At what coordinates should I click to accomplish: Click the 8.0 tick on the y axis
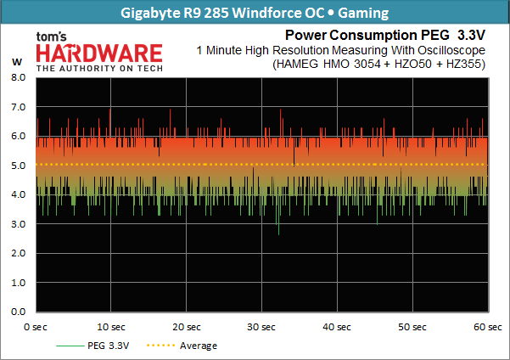tap(18, 77)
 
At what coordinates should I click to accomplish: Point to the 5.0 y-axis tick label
tap(18, 166)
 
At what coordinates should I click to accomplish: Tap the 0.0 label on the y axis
tap(18, 312)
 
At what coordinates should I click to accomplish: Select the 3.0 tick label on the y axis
tap(18, 224)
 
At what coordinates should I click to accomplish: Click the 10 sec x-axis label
tap(111, 327)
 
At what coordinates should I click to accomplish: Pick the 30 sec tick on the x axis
tap(261, 327)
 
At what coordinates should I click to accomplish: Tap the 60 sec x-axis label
tap(488, 327)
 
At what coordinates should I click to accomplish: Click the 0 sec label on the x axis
tap(36, 327)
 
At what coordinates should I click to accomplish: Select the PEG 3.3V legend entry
tap(92, 346)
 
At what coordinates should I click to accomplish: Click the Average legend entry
tap(182, 346)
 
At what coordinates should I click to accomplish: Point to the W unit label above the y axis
tap(17, 62)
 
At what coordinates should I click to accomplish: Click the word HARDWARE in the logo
tap(99, 53)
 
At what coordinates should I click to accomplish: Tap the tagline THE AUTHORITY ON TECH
tap(99, 69)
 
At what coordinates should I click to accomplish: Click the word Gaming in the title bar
tap(363, 13)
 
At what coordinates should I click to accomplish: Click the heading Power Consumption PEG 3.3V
tap(385, 35)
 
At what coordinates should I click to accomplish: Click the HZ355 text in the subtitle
tap(465, 64)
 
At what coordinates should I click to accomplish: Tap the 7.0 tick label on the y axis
tap(18, 107)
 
